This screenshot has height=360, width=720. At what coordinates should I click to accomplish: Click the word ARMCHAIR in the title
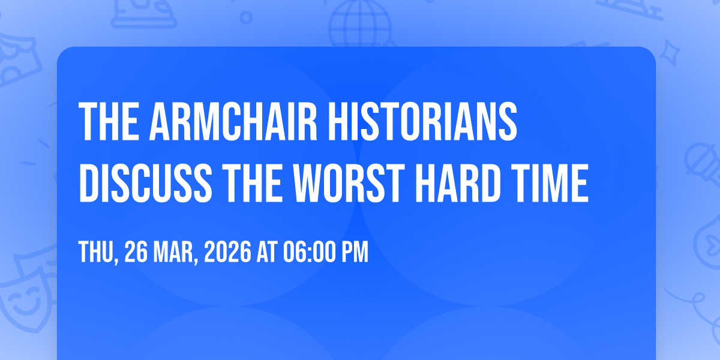tap(233, 121)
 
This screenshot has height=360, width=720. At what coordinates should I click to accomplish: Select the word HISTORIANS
tap(422, 121)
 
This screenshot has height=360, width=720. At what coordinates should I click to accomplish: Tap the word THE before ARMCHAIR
tap(109, 121)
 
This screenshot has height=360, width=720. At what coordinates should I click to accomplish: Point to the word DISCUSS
tap(146, 183)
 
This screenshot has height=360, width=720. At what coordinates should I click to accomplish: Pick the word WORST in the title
tap(349, 183)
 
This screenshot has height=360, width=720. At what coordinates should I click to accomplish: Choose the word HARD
tap(458, 183)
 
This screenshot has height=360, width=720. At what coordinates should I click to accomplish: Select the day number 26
tap(136, 251)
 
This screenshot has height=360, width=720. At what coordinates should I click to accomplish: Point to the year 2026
tap(227, 251)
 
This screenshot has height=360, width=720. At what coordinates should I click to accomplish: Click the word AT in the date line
tap(267, 251)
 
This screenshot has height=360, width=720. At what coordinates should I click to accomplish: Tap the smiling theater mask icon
tap(24, 299)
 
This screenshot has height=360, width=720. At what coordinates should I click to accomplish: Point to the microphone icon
tap(703, 164)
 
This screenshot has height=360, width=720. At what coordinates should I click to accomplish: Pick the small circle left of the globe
tap(246, 17)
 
